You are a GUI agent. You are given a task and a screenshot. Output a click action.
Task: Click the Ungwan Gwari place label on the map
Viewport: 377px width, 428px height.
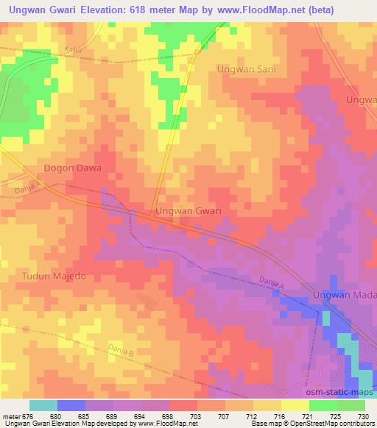tap(188, 211)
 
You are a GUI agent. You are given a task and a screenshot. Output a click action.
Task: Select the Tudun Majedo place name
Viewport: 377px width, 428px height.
tap(49, 276)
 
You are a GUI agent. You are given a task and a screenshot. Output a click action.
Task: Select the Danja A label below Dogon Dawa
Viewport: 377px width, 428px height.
tap(25, 190)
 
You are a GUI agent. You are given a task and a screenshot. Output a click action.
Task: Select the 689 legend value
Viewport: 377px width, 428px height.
tap(113, 416)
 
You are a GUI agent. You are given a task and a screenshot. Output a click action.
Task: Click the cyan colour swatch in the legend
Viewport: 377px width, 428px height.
tap(43, 405)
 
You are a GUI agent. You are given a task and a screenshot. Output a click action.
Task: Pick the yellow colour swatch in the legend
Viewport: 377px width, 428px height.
tap(295, 405)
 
